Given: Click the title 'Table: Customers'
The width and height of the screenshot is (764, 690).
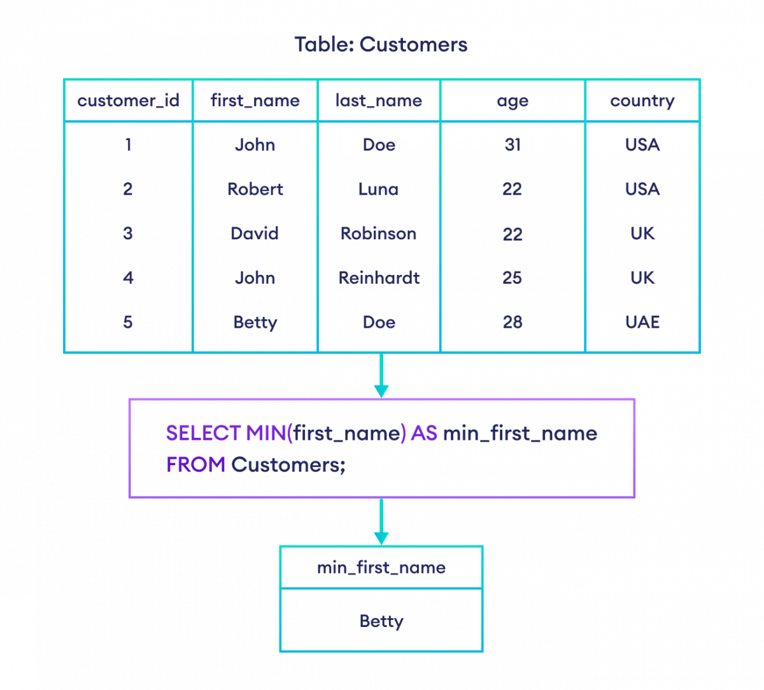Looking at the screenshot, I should click(x=381, y=45).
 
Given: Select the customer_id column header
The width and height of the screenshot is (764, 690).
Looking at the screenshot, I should click(x=127, y=101).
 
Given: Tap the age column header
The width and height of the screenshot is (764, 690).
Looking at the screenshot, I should click(x=513, y=101).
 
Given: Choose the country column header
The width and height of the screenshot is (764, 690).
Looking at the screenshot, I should click(x=642, y=101).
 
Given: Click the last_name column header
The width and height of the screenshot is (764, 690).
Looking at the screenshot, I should click(x=378, y=101).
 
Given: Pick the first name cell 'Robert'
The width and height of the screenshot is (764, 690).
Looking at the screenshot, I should click(x=255, y=189).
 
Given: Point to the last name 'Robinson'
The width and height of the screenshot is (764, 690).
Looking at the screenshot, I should click(x=378, y=234).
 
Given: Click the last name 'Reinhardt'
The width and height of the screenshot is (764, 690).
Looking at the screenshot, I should click(x=378, y=278).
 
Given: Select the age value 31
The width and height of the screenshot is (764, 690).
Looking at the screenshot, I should click(x=513, y=145).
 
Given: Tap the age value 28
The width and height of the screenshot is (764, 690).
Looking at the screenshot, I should click(x=513, y=322).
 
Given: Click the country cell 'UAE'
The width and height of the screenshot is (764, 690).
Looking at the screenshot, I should click(x=642, y=322).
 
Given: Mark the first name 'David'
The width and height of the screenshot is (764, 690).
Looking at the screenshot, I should click(x=255, y=234).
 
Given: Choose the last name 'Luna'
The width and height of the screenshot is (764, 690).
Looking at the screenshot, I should click(x=378, y=189).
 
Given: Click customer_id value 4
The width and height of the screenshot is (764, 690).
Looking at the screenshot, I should click(x=127, y=278).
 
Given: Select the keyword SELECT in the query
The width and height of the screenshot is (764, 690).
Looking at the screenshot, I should click(x=203, y=433).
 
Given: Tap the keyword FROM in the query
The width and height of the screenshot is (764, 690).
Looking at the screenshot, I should click(x=196, y=465).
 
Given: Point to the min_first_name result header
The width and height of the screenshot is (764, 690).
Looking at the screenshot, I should click(x=381, y=567).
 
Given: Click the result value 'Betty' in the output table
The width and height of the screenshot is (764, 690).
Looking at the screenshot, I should click(x=381, y=620).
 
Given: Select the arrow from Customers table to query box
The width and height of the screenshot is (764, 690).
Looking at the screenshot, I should click(x=381, y=376).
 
